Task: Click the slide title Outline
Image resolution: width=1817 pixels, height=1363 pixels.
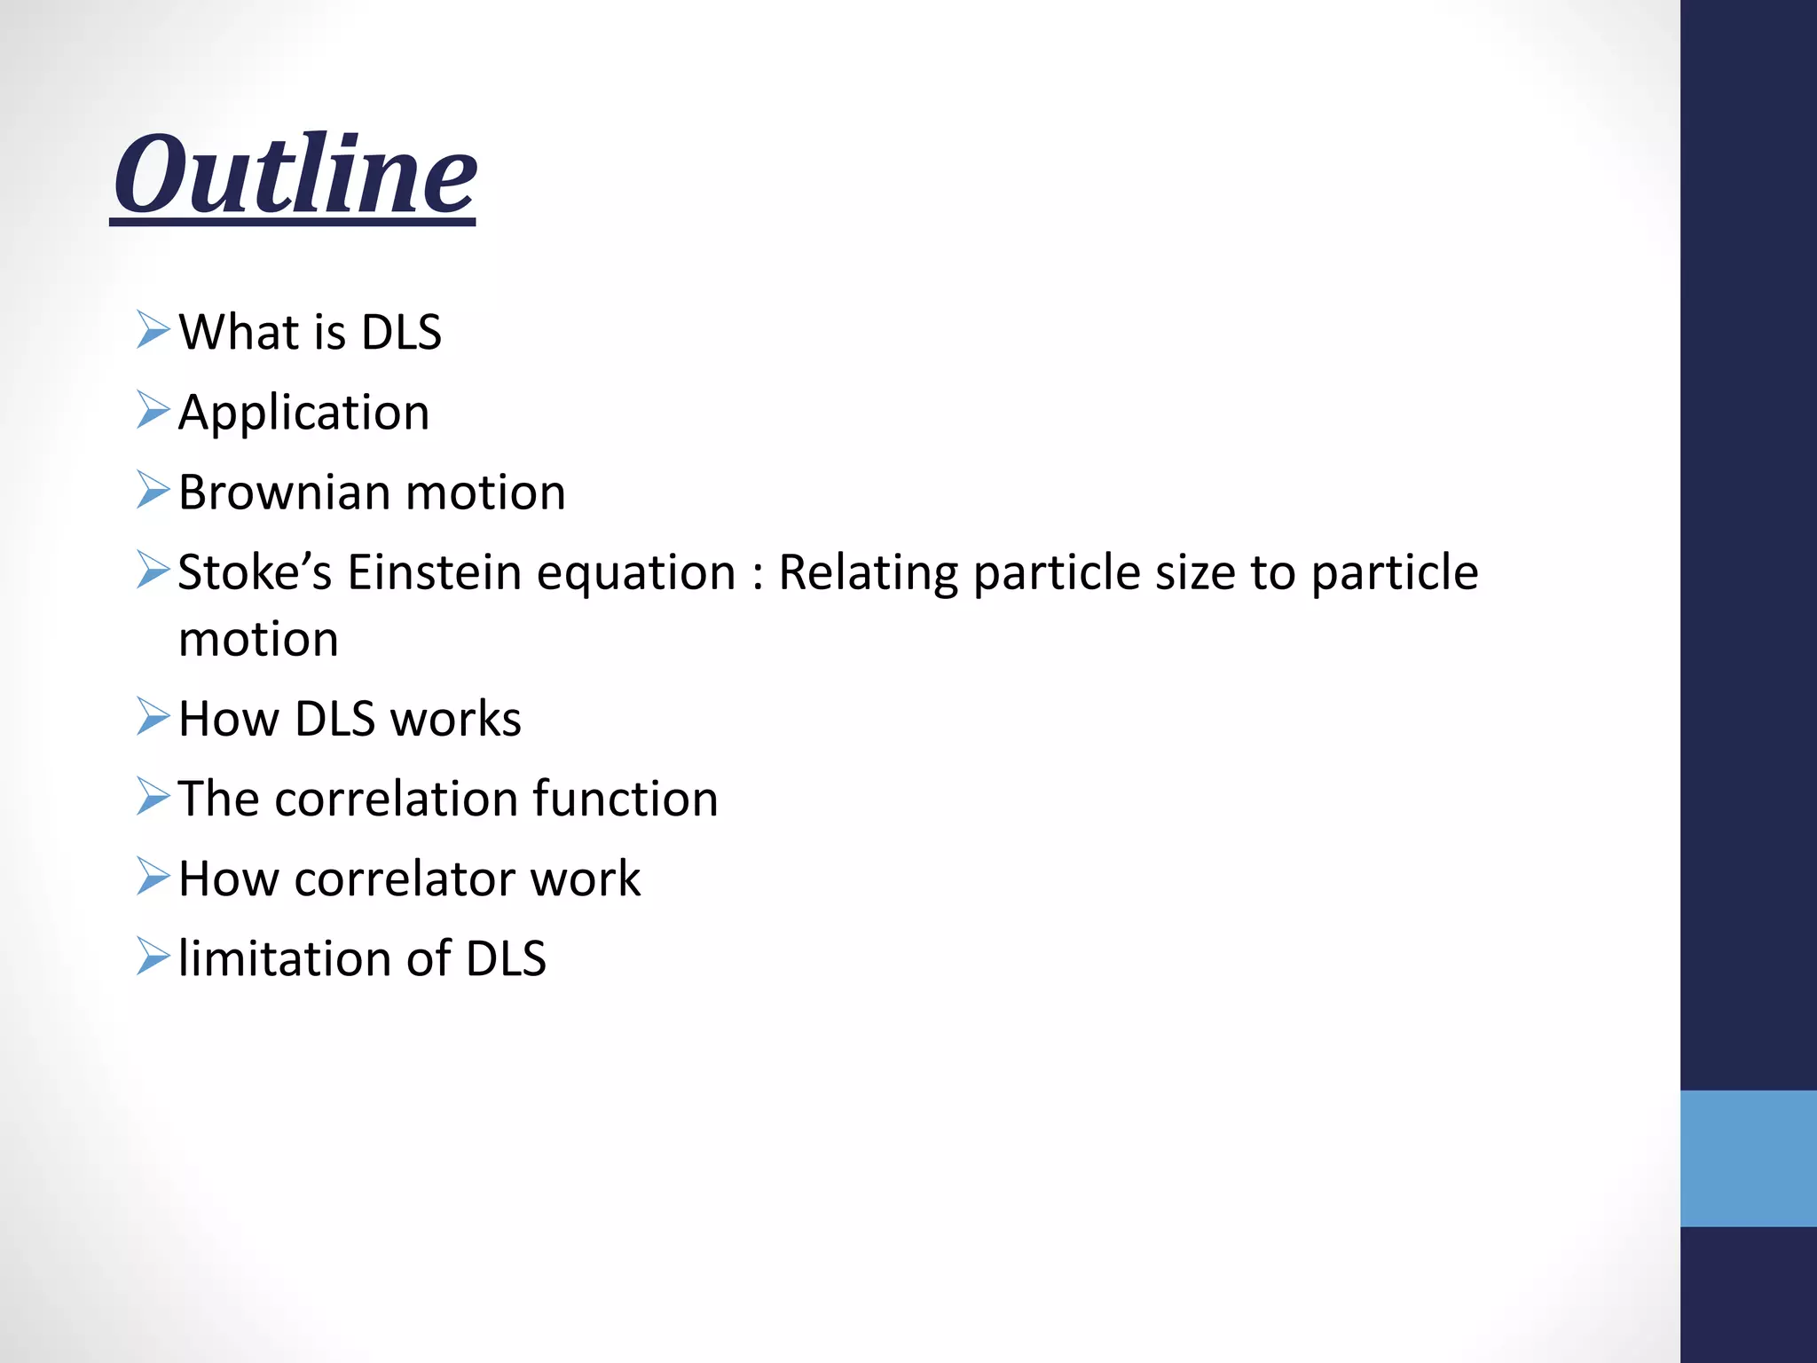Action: click(x=295, y=174)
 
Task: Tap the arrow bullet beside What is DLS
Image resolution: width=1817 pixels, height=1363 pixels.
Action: click(x=153, y=330)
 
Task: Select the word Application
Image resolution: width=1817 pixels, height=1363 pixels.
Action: click(x=303, y=413)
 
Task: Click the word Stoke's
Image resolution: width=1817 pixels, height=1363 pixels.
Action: click(x=255, y=572)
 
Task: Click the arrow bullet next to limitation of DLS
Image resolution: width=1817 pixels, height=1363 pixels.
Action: click(x=153, y=957)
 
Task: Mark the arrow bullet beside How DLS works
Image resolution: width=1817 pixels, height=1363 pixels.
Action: click(x=153, y=717)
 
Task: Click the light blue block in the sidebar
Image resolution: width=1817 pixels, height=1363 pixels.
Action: click(x=1748, y=1158)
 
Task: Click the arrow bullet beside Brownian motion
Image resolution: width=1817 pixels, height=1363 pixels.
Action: click(x=153, y=491)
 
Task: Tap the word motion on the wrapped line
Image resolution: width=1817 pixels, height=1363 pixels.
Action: click(x=258, y=640)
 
